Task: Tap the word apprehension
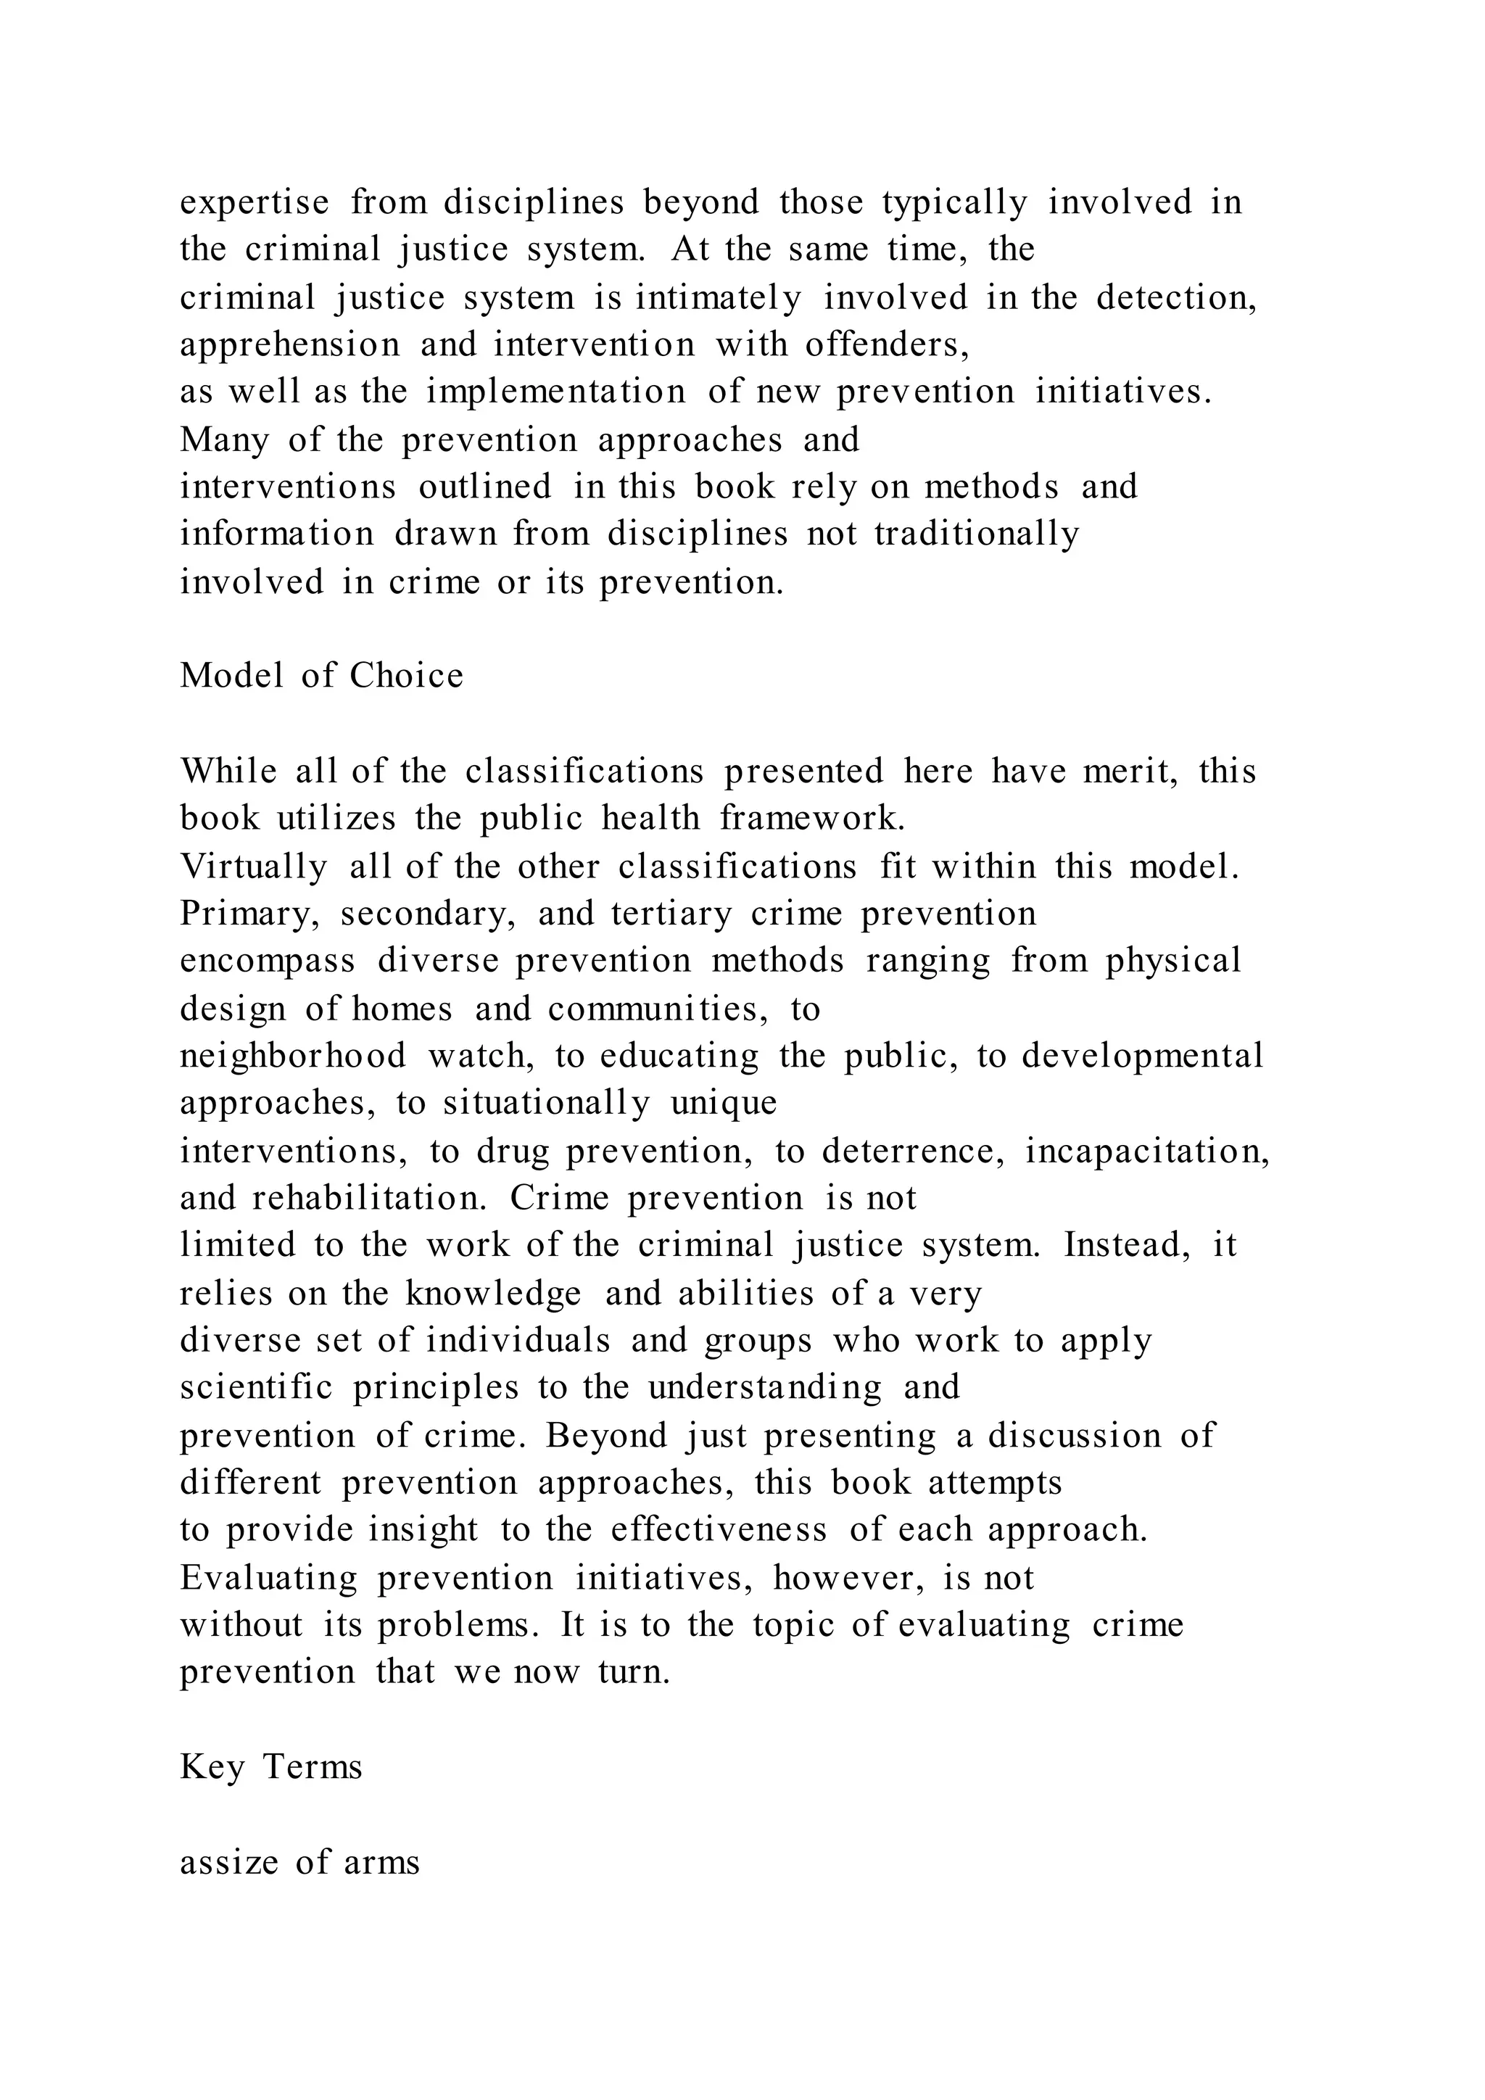[290, 345]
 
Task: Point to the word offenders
[886, 345]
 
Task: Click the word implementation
[555, 392]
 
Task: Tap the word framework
[812, 819]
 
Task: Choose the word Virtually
[253, 866]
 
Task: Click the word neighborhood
[293, 1057]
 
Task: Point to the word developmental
[1142, 1057]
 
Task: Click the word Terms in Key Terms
[313, 1768]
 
